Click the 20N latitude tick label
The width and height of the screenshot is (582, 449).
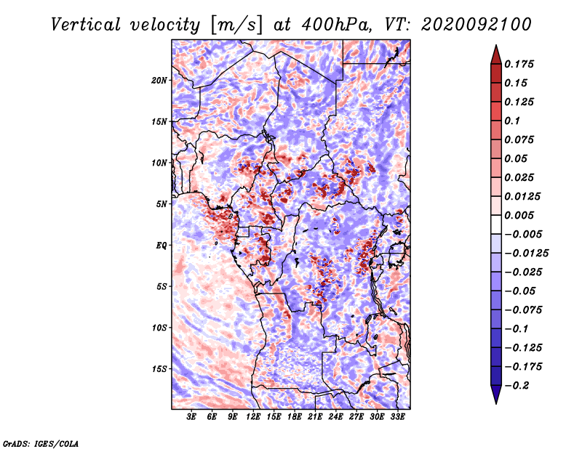click(159, 81)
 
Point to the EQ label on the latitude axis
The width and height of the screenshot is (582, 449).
click(161, 246)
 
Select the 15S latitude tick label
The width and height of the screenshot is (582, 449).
click(159, 369)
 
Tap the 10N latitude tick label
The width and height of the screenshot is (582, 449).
click(159, 163)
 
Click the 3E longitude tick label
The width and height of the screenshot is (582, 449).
click(191, 417)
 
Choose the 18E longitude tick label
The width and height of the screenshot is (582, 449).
click(295, 417)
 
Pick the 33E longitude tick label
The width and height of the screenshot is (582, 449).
click(397, 417)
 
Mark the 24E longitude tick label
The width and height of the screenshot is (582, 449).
click(335, 417)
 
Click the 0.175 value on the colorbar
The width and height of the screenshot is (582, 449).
click(519, 64)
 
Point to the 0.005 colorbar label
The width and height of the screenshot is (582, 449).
click(519, 215)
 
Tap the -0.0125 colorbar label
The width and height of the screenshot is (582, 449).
click(526, 254)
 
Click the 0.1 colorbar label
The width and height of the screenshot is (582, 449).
click(512, 121)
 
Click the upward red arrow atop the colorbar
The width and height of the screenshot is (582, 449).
click(496, 54)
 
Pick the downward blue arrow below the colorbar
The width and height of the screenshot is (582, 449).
click(496, 395)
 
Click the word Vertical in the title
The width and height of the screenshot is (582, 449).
click(86, 25)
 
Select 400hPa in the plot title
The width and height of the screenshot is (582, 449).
click(337, 25)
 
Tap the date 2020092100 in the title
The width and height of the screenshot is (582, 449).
click(477, 25)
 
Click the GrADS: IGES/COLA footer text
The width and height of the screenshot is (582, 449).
click(41, 443)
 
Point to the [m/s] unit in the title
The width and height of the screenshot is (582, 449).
click(236, 25)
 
